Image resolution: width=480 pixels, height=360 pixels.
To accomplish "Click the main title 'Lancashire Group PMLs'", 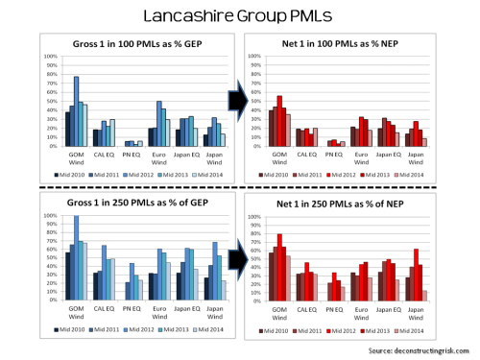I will tap(240, 16).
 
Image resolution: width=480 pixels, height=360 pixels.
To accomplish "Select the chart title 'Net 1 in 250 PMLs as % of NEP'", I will tap(355, 208).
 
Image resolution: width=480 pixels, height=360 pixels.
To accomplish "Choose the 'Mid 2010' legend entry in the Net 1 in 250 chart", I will tap(279, 329).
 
